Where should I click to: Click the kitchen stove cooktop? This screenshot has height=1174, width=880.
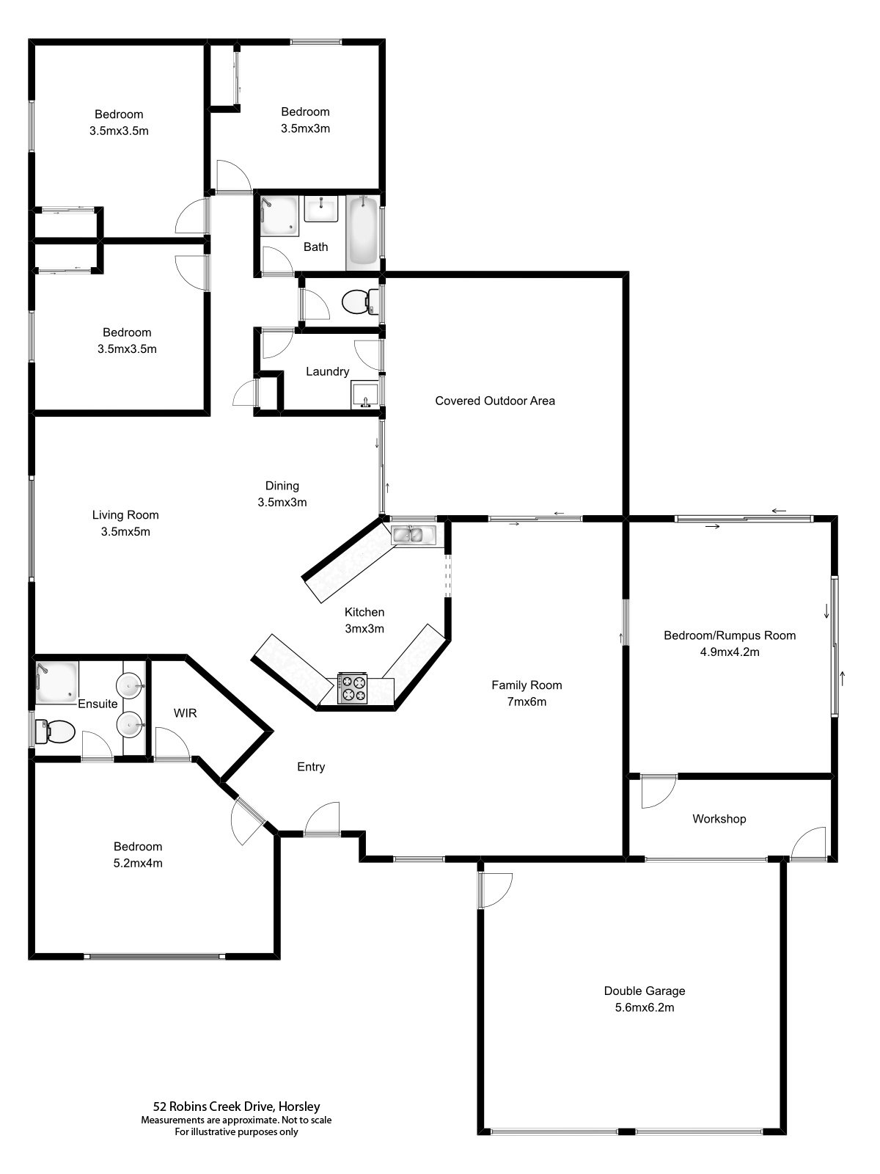(x=352, y=688)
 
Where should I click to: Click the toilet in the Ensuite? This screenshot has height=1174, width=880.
(x=55, y=731)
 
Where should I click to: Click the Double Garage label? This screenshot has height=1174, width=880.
(x=645, y=991)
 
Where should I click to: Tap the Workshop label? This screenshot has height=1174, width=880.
(x=719, y=819)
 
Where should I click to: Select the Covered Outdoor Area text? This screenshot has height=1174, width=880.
(x=495, y=401)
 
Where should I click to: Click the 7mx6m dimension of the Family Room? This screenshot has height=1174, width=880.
(x=527, y=701)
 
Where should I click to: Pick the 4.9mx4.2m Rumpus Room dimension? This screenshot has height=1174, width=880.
(x=730, y=652)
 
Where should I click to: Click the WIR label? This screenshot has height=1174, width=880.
(x=185, y=712)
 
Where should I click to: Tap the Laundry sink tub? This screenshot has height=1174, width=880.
(x=365, y=394)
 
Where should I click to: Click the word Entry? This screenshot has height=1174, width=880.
(x=311, y=767)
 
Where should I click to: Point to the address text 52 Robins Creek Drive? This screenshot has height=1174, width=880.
(x=236, y=1106)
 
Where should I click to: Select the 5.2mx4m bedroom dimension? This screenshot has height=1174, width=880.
(x=138, y=863)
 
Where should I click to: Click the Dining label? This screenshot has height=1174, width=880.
(x=282, y=486)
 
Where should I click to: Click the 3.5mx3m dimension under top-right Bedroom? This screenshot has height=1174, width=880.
(x=305, y=128)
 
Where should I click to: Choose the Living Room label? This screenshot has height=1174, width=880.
(x=125, y=515)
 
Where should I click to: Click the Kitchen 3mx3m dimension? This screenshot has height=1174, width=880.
(x=364, y=629)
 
